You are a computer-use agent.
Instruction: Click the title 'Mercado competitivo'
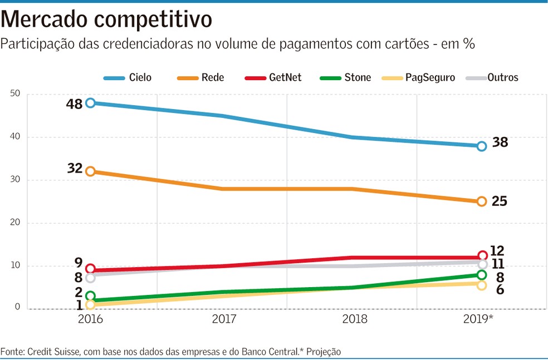pos(106,20)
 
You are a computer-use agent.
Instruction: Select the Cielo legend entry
pos(128,77)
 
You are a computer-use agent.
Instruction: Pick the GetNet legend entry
pos(273,77)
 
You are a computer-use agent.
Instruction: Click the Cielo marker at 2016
pos(90,103)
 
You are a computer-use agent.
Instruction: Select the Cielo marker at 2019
pos(482,146)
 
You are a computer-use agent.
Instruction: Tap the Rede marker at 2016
pos(90,171)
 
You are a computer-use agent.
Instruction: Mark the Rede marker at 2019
pos(482,201)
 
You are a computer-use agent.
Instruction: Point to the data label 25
pos(500,201)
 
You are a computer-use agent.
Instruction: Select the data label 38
pos(500,142)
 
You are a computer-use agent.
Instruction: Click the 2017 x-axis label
pos(221,319)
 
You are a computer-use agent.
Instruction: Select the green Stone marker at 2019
pos(482,275)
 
